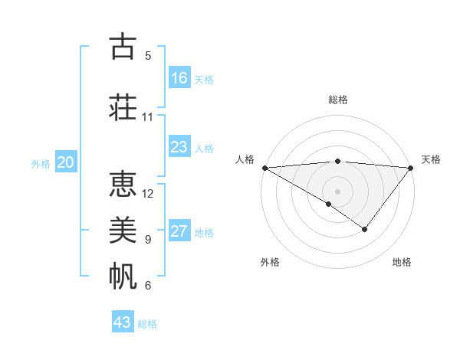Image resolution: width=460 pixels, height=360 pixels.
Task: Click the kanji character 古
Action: point(123,47)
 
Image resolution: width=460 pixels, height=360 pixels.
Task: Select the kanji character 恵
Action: point(123,184)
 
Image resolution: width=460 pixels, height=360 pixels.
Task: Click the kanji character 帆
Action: point(123,277)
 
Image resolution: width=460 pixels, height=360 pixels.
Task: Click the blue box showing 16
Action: point(179,78)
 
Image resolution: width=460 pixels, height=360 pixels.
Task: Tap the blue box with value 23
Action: point(179,147)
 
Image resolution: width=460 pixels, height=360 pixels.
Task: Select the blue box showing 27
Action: point(179,231)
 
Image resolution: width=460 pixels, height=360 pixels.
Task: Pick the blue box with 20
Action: point(65,162)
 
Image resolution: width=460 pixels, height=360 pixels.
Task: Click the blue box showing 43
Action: point(123,322)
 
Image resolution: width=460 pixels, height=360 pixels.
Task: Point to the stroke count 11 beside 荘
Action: point(148,117)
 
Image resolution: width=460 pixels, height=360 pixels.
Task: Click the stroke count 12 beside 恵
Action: point(148,193)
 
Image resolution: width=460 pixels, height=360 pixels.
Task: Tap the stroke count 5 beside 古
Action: point(148,55)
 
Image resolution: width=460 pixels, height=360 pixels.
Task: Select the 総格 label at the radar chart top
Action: point(337,100)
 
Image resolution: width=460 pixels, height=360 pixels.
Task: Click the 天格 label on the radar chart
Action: point(431,159)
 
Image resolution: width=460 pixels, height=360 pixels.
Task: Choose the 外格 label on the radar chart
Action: point(270,262)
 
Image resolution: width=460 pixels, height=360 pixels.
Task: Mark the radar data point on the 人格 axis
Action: point(264,167)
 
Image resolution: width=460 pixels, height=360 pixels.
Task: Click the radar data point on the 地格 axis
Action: point(365,229)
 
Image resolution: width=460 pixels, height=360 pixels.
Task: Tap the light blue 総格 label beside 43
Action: point(147,324)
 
